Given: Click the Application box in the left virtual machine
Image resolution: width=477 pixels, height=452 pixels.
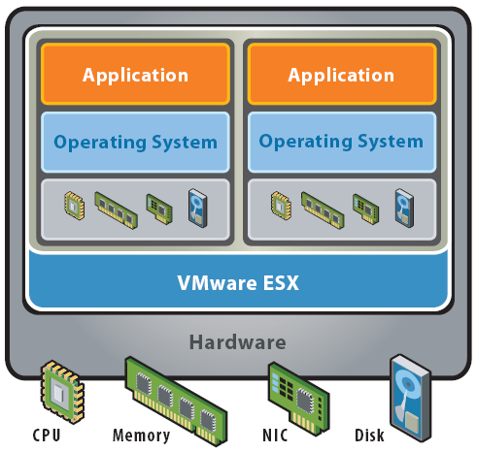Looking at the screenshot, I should pos(135,75).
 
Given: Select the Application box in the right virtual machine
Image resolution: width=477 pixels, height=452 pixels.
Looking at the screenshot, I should pos(341,75).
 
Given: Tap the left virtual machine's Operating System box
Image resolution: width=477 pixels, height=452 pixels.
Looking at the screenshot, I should pos(135,142).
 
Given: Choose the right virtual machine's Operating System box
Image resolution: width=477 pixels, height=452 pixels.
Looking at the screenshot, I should pos(341,142).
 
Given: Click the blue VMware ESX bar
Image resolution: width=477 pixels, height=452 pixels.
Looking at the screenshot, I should pos(238,283).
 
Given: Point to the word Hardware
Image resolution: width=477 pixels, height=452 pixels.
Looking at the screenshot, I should pos(238,342).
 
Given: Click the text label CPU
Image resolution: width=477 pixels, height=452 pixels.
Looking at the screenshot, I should pos(45,436).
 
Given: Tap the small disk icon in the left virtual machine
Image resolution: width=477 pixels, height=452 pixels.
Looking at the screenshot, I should pos(197,207).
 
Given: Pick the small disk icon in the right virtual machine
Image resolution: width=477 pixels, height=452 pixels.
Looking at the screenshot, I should pos(403,207).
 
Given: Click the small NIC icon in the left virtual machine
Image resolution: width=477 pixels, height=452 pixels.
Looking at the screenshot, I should pos(158,207).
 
